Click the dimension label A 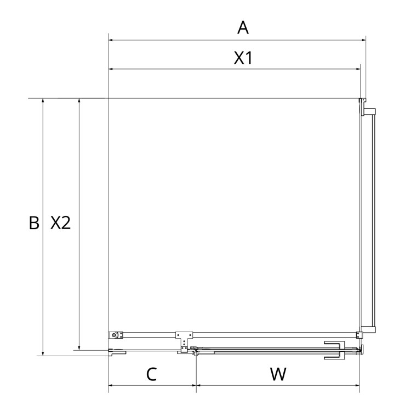(243, 28)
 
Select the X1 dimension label (243, 58)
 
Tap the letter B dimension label (34, 223)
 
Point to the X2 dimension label (60, 223)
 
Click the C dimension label (151, 374)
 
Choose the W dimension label (278, 374)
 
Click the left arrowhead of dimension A (111, 40)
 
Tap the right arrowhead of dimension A (363, 40)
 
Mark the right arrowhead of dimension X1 (358, 69)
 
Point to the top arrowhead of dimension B (43, 101)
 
